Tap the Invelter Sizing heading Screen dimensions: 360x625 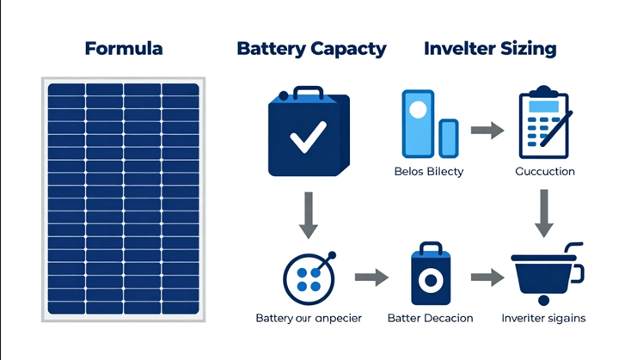(489, 48)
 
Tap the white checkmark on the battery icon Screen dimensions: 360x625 (307, 136)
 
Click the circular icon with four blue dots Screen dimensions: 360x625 (309, 278)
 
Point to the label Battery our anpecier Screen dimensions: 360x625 (309, 318)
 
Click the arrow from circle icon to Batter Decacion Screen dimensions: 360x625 (371, 278)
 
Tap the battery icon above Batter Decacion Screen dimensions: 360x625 (430, 274)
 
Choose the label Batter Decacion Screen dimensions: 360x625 (430, 318)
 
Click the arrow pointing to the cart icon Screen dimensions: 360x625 (487, 278)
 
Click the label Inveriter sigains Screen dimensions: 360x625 (543, 318)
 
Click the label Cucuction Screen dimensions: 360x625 (544, 171)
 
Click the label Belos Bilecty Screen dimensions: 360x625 (429, 171)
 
